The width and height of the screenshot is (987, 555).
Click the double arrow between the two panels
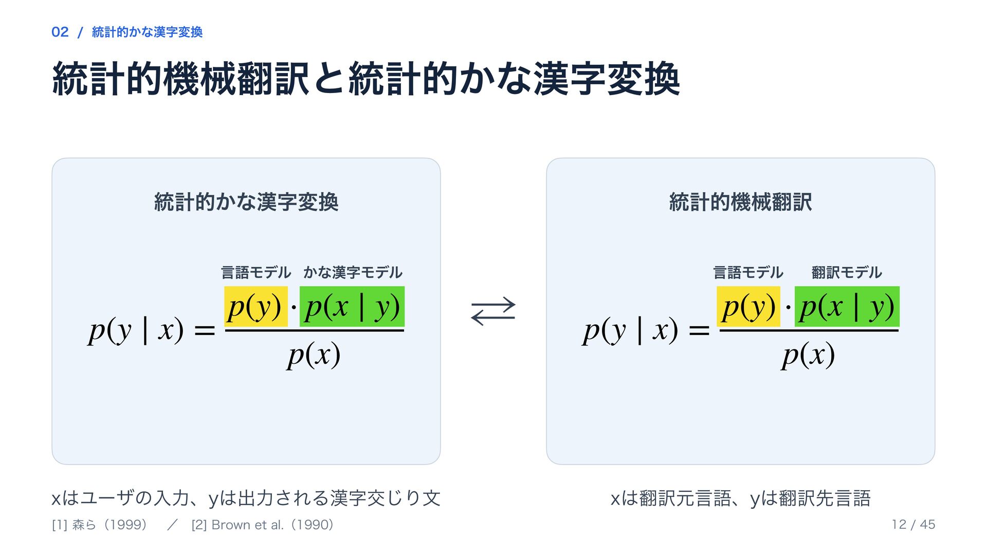click(x=493, y=311)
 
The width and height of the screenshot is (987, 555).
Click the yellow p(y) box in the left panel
click(x=256, y=306)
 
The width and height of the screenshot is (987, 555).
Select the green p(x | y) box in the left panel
click(x=352, y=306)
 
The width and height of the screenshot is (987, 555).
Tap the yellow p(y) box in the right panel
click(x=748, y=306)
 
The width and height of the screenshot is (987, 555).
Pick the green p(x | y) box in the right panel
click(x=847, y=306)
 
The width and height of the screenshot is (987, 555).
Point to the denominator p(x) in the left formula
click(x=314, y=355)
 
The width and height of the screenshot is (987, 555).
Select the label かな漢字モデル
click(x=353, y=272)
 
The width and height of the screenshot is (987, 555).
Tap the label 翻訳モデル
click(x=847, y=272)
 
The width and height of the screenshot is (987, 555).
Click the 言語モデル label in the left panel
click(x=256, y=272)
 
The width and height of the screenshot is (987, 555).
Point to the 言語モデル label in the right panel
click(x=748, y=272)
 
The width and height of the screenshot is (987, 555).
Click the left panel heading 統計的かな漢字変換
click(x=246, y=202)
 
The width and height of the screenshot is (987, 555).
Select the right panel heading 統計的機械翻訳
click(x=741, y=202)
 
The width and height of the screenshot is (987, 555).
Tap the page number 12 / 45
click(x=913, y=525)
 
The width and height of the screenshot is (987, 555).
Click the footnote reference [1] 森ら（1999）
click(x=100, y=525)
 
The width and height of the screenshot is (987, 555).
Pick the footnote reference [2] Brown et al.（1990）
click(x=263, y=525)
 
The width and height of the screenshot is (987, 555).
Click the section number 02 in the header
click(x=60, y=32)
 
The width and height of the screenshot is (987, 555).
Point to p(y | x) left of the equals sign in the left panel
click(x=136, y=330)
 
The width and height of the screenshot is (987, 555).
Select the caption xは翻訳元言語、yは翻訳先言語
click(x=741, y=498)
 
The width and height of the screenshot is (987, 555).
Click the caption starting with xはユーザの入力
click(x=246, y=498)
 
